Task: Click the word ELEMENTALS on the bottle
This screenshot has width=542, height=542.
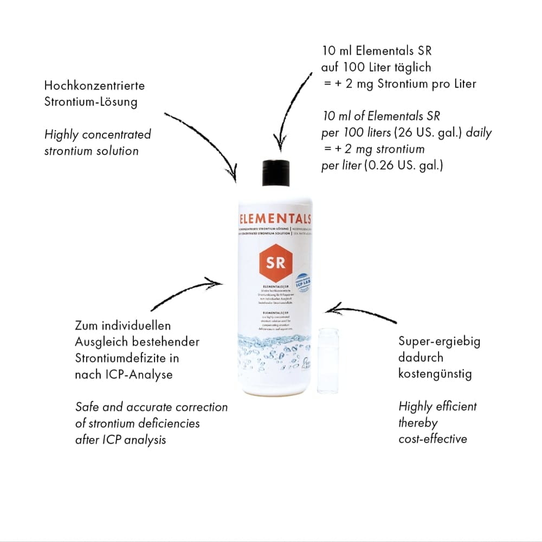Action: pyautogui.click(x=275, y=220)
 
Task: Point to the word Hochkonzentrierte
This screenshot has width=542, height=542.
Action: pyautogui.click(x=94, y=86)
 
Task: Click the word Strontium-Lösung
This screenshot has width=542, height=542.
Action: pyautogui.click(x=91, y=102)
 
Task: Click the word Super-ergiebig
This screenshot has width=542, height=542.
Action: pyautogui.click(x=439, y=341)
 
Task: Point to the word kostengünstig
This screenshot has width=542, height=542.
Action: pyautogui.click(x=435, y=373)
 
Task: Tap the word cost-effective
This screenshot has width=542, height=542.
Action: pyautogui.click(x=433, y=438)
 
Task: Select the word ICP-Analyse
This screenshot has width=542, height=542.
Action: pyautogui.click(x=139, y=375)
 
